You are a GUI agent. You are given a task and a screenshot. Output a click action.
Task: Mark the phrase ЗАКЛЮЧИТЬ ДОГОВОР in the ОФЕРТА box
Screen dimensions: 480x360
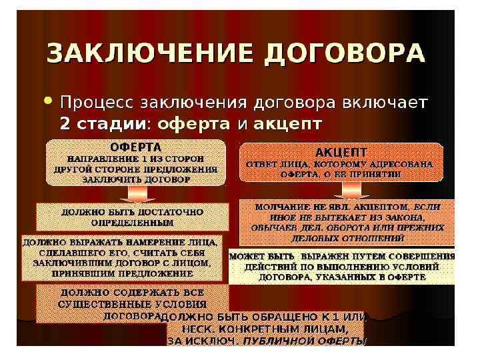(x=136, y=179)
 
